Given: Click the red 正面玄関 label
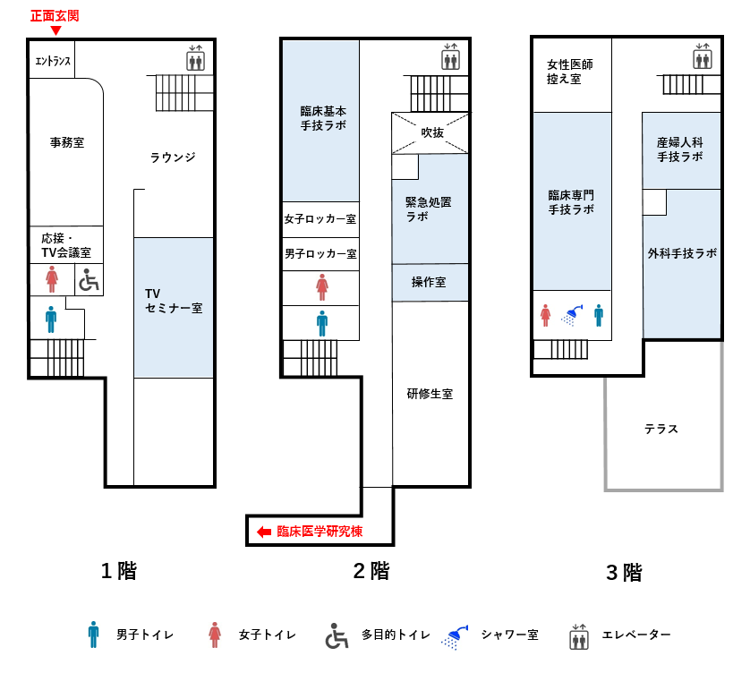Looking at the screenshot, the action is coord(55,16).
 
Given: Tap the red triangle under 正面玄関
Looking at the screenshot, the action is coord(56,30).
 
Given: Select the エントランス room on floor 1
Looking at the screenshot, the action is coord(52,59).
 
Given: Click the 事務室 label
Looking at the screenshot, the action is coord(67,142).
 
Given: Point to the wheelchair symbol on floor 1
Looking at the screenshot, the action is coord(89,280).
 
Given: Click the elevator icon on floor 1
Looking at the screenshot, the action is coord(195,58).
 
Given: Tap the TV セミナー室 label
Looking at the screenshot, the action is coord(174,301).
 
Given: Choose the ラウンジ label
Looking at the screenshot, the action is coord(173,158).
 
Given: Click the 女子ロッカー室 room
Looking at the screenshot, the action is coord(320,219).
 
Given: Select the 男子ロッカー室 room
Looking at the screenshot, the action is coord(320,254).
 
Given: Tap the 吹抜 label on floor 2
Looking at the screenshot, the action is coord(432,132).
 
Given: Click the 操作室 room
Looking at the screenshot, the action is coord(430,282).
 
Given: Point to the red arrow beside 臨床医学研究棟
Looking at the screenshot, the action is coord(264,532).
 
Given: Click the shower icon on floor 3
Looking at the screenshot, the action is coord(573,315).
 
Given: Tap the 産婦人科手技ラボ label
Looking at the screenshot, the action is coord(679,149).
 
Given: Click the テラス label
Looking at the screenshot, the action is coord(661,429).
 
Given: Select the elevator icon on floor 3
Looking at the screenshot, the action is coord(703,56).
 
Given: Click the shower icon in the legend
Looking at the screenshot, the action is coord(455,637).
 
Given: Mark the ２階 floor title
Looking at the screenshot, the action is coord(371,571).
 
